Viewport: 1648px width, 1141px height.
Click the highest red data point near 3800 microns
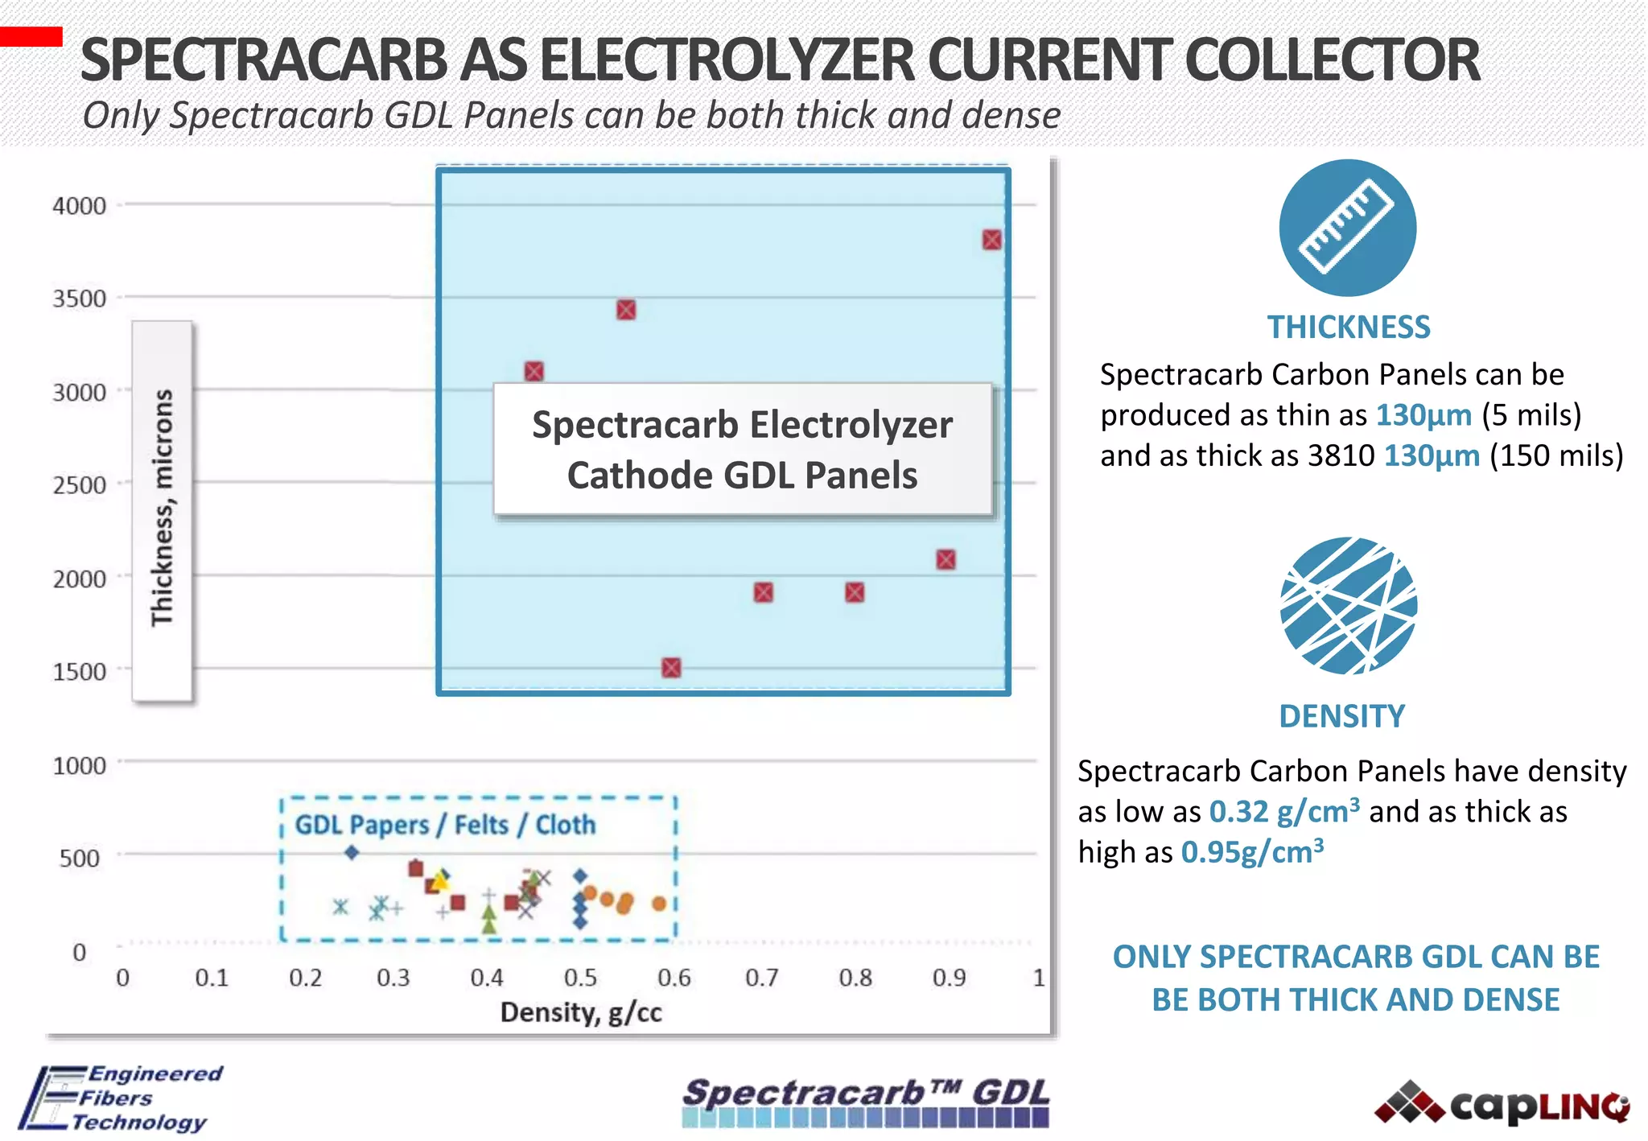[991, 240]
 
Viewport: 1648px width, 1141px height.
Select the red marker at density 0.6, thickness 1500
[671, 668]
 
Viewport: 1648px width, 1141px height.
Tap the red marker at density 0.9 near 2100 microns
[946, 560]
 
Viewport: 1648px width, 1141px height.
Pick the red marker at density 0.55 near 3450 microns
[626, 310]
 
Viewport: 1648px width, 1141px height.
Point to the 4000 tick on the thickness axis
[79, 206]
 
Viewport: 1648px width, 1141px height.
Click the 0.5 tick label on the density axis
[580, 978]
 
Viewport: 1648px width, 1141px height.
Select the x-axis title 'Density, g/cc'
[581, 1012]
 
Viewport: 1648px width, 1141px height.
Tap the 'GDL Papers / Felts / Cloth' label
[445, 825]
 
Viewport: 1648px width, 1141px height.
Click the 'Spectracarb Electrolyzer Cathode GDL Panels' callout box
[742, 449]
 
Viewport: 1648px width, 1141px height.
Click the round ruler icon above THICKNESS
[1348, 228]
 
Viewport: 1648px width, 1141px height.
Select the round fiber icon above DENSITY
[1348, 605]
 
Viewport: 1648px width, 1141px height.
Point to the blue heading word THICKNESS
[1349, 327]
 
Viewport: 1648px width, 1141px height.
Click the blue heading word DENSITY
[1342, 716]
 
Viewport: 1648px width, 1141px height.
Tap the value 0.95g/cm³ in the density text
[1252, 852]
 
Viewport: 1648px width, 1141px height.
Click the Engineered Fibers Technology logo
[121, 1098]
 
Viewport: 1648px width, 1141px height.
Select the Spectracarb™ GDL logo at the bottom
[866, 1101]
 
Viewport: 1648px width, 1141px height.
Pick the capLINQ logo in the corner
[1502, 1104]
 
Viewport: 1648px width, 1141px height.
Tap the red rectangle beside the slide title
[31, 36]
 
